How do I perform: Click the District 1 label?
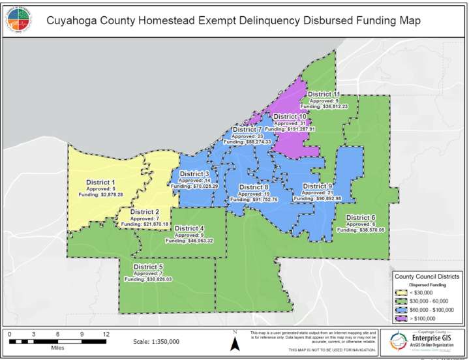pos(100,182)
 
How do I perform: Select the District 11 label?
pos(324,95)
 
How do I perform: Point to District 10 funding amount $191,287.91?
pos(290,129)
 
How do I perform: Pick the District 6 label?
pos(361,217)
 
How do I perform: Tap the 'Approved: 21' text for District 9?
pos(318,193)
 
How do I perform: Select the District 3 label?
pos(194,174)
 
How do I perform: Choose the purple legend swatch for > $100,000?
pos(404,318)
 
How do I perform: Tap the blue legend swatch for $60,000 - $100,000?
pos(404,310)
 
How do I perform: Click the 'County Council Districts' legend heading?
pos(427,277)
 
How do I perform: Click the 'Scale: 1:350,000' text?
pos(157,341)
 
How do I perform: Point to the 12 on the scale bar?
pos(106,333)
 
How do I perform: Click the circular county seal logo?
pos(18,20)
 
